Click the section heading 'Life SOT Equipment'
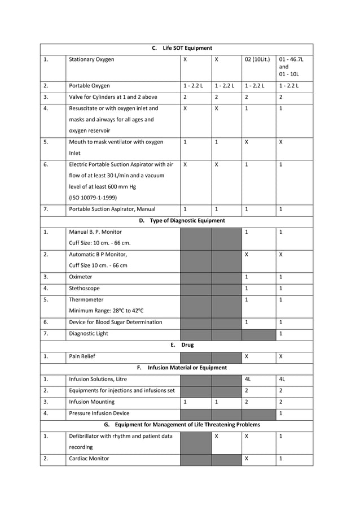coord(187,48)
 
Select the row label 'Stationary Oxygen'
coord(91,59)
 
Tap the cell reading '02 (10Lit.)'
coord(257,59)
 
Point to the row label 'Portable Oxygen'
coord(89,86)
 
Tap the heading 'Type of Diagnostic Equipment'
coord(187,220)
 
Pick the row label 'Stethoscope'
coord(84,288)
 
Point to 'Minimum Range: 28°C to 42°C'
coord(106,311)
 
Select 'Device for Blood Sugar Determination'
coord(115,322)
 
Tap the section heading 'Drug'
coord(187,345)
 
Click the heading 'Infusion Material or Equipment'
coord(187,368)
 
